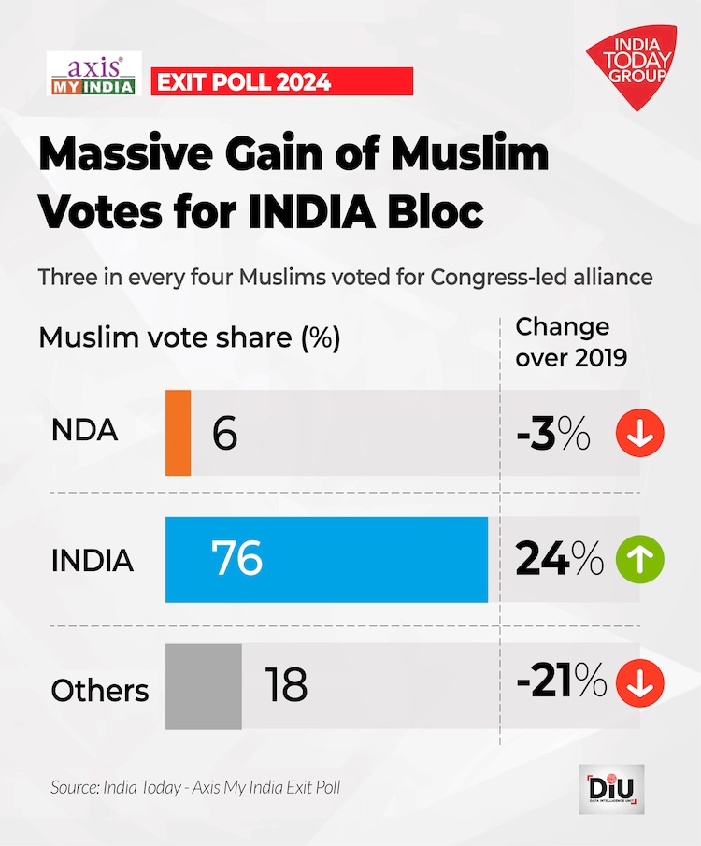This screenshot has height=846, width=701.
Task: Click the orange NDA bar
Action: (x=179, y=432)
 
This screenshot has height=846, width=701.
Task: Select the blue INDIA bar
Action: (x=326, y=559)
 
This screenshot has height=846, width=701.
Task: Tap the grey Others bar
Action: (x=204, y=686)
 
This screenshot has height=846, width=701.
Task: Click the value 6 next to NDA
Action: (x=224, y=434)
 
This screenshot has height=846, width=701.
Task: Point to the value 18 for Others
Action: (x=285, y=687)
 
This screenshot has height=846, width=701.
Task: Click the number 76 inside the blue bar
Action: (x=237, y=559)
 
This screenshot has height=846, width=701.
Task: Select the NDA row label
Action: (x=84, y=432)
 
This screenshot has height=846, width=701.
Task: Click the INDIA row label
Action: (x=92, y=561)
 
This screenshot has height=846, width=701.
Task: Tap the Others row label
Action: (x=99, y=690)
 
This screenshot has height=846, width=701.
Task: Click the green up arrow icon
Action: (x=640, y=559)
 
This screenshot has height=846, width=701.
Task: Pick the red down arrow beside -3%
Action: (x=640, y=434)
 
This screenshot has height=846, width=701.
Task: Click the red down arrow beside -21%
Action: (x=640, y=685)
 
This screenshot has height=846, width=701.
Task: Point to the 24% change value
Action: (x=559, y=559)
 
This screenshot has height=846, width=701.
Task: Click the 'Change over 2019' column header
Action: (x=570, y=341)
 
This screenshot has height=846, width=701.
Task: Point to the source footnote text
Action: (x=195, y=788)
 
